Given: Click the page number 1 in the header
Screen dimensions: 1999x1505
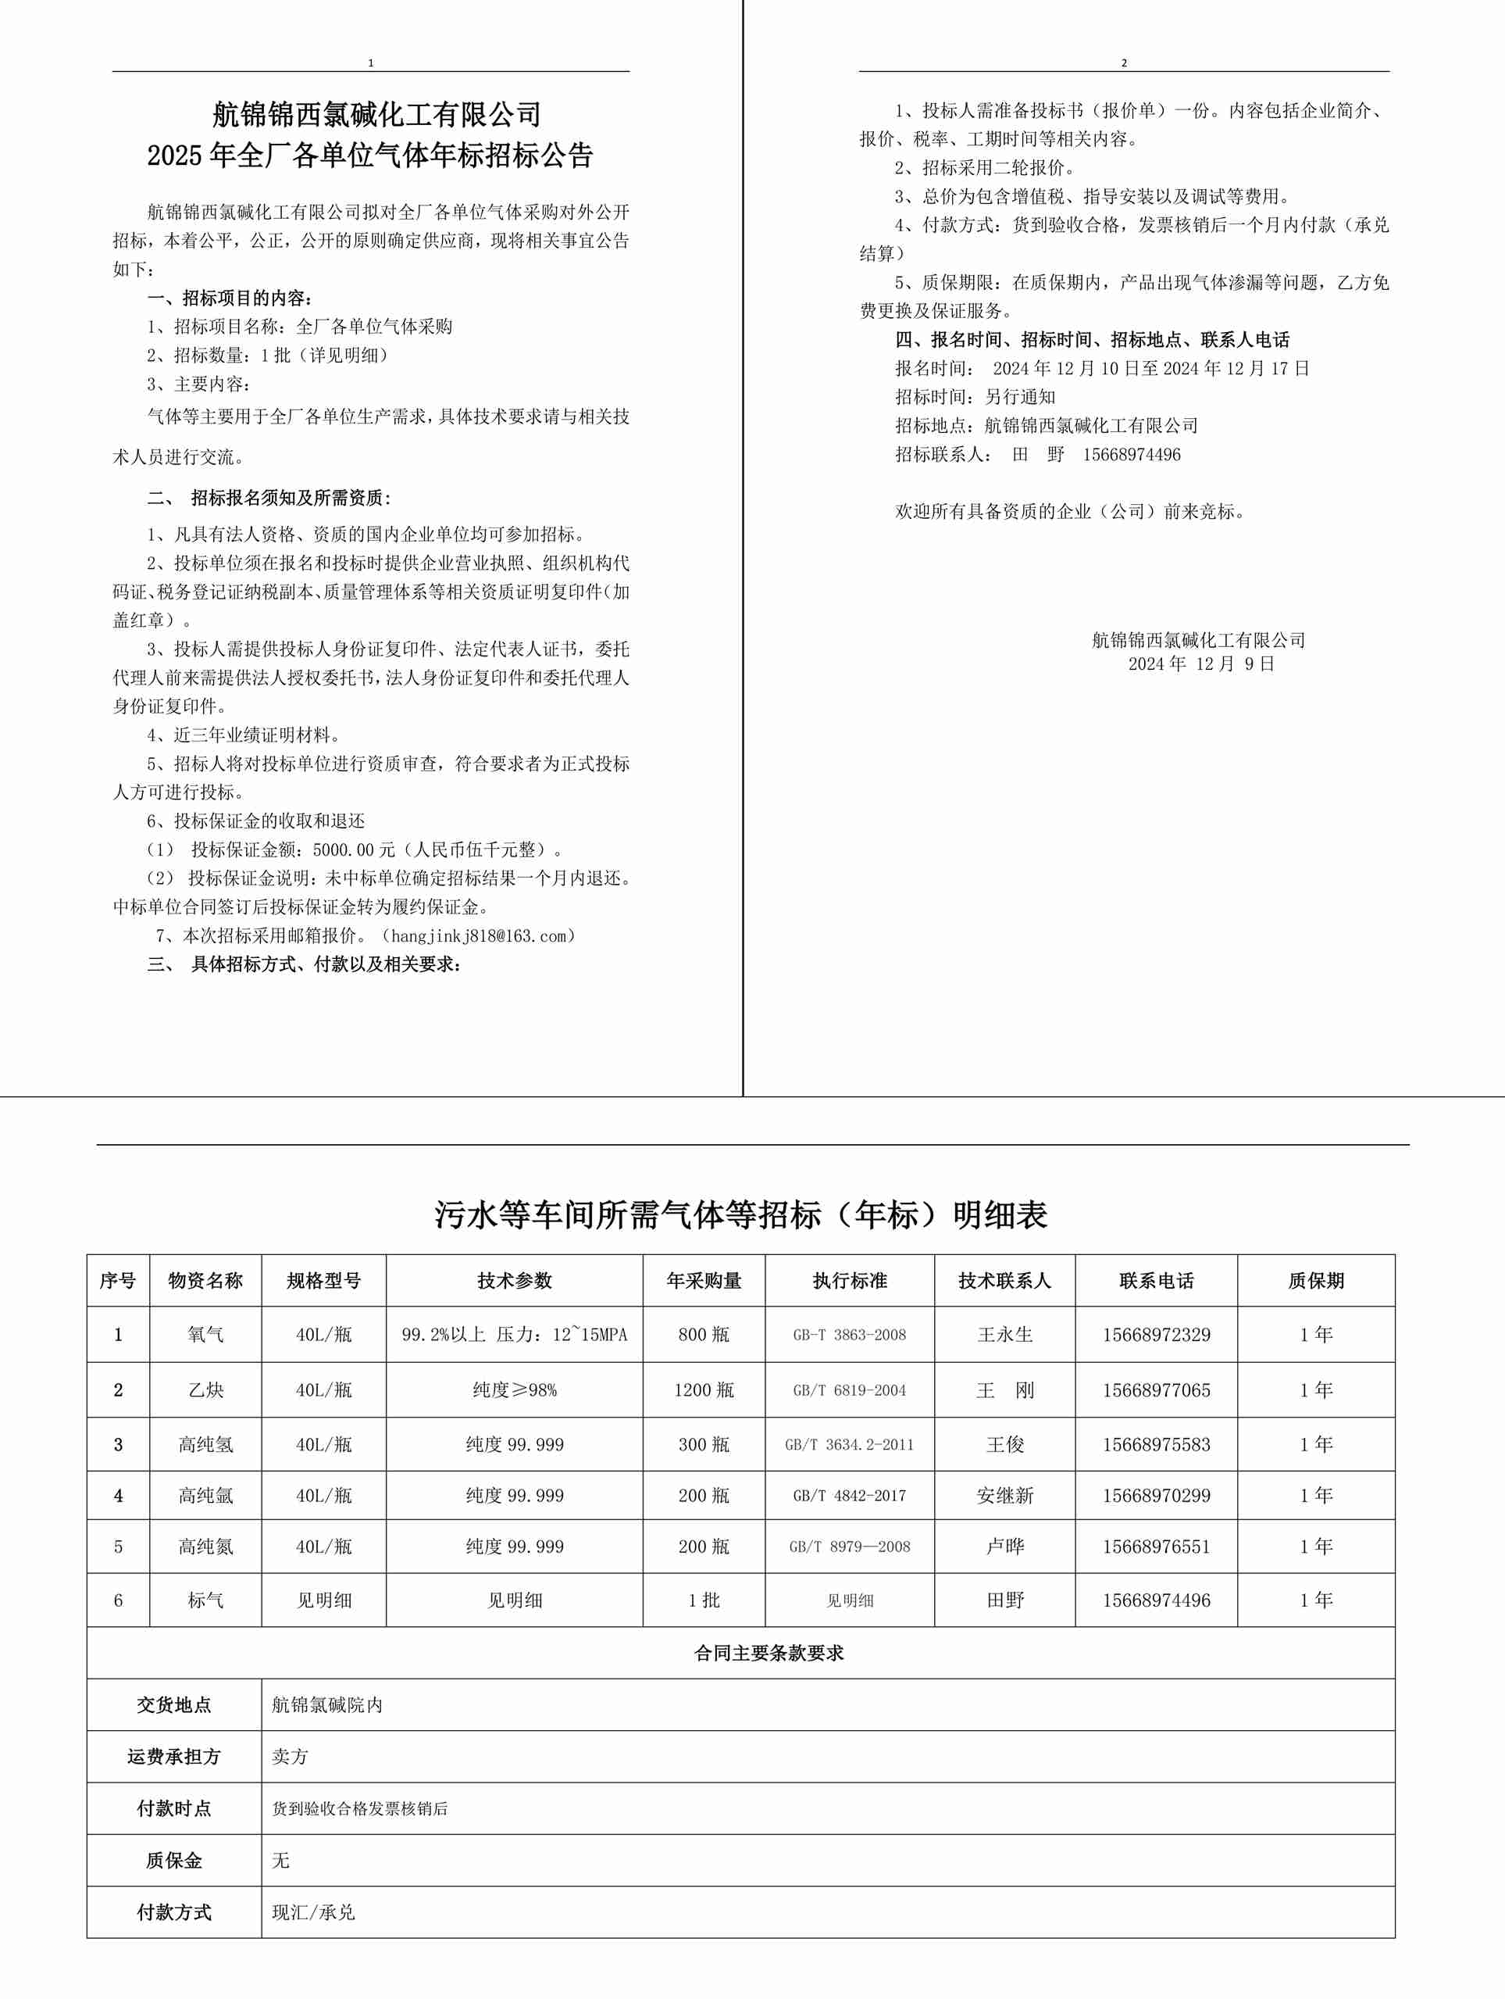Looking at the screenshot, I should (370, 63).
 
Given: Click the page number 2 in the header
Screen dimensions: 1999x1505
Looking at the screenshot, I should (1124, 63).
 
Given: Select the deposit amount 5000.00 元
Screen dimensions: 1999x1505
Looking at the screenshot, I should (354, 850).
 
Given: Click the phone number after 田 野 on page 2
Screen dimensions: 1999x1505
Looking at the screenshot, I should (1131, 455).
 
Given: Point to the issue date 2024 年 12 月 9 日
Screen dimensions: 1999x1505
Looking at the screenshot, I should (1200, 664).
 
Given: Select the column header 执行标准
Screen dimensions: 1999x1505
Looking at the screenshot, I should (849, 1281).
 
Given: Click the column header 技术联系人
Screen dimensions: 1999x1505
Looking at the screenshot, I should (1004, 1281).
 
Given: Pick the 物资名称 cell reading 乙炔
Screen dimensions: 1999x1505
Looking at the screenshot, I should (205, 1390).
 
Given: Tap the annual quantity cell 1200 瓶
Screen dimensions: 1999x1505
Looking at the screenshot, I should (704, 1390).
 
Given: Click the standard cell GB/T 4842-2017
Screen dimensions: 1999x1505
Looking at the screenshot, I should (849, 1496).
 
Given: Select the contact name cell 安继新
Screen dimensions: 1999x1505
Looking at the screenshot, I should (1004, 1496).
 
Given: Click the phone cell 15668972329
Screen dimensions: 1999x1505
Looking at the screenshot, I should (1157, 1335).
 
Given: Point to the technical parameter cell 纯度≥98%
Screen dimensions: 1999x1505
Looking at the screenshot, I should (514, 1390).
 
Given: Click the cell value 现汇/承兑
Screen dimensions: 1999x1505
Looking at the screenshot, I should (313, 1912).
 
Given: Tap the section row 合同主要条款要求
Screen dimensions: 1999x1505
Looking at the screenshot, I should (769, 1653).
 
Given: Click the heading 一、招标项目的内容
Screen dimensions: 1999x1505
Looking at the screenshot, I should (230, 299).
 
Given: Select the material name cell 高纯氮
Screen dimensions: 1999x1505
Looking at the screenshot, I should (205, 1547).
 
